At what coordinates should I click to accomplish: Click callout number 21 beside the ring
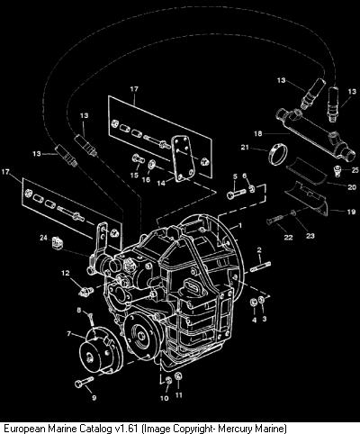click(245, 148)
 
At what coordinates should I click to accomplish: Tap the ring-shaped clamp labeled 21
click(277, 154)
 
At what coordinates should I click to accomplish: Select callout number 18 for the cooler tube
click(258, 133)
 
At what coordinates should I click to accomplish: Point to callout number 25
click(355, 170)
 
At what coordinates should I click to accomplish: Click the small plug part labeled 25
click(338, 169)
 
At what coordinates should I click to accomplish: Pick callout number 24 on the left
click(43, 238)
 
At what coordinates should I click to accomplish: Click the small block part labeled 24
click(58, 242)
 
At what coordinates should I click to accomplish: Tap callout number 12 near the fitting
click(66, 273)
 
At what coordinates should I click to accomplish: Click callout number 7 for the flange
click(68, 334)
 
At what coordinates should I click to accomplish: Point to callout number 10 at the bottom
click(165, 398)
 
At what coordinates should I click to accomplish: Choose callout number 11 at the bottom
click(179, 395)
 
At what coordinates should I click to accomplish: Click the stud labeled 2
click(260, 267)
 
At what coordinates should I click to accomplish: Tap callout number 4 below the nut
click(255, 321)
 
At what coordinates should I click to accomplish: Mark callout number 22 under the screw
click(288, 238)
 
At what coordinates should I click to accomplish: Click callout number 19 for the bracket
click(351, 212)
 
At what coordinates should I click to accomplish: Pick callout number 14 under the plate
click(161, 183)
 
